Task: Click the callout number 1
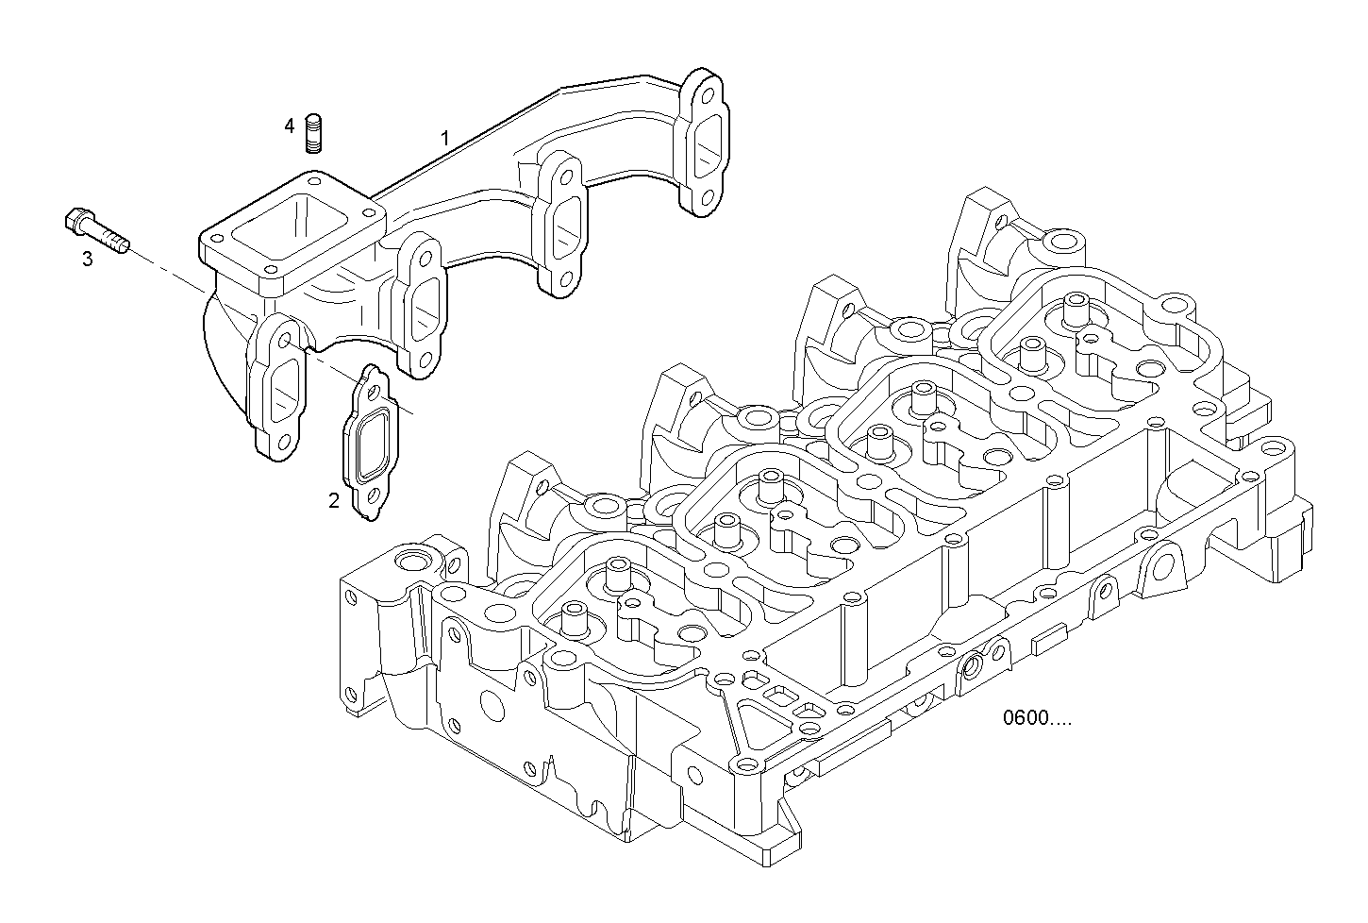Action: [444, 138]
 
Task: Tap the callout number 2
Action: [333, 501]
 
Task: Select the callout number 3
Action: [87, 259]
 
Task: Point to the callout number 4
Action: [290, 125]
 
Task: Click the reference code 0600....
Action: [1037, 718]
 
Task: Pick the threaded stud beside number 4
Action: [314, 133]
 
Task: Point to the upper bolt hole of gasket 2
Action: [372, 388]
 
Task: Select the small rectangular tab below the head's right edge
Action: [1050, 642]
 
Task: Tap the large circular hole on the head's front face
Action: [491, 704]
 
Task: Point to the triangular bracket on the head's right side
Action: [1162, 571]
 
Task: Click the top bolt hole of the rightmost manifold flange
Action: [706, 92]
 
